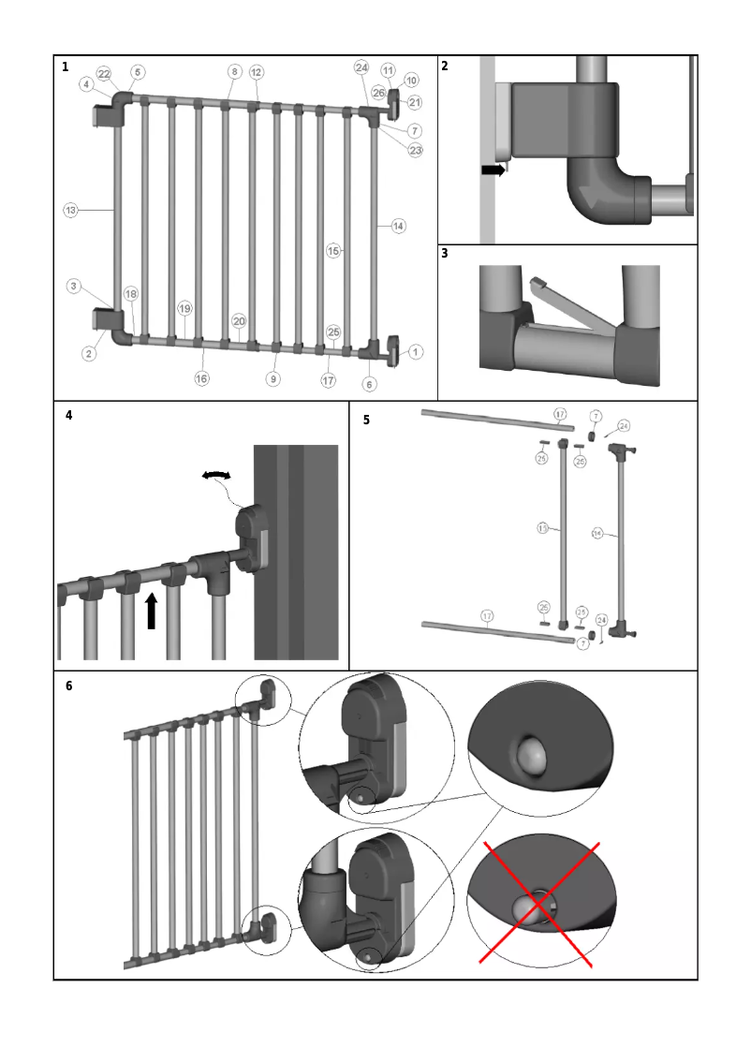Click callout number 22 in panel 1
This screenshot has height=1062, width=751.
coord(104,73)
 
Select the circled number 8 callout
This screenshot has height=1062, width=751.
coord(234,71)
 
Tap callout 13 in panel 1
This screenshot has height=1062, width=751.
coord(70,210)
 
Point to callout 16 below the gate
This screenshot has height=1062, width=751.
coord(201,378)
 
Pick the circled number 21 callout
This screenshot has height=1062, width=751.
coord(415,103)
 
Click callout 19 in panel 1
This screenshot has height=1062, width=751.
coord(184,308)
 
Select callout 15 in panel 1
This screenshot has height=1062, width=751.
coord(332,250)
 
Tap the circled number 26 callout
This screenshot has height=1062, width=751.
coord(378,93)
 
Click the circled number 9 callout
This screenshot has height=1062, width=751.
coord(273,378)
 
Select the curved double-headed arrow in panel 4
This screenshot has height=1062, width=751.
coord(216,477)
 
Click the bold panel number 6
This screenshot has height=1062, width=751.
coord(68,686)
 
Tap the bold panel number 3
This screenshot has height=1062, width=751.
coord(445,253)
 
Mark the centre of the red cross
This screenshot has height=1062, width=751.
coord(538,904)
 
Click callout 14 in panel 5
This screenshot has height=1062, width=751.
coord(597,534)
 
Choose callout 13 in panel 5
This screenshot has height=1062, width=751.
coord(542,529)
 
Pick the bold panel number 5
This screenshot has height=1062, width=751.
coord(366,420)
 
